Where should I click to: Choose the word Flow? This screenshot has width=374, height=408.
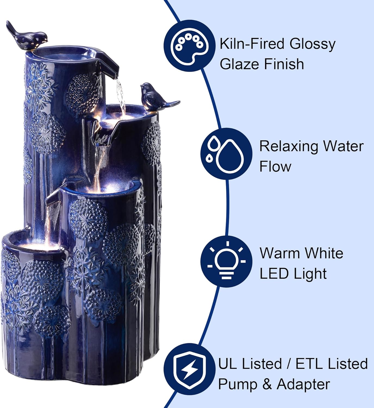(x=275, y=166)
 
